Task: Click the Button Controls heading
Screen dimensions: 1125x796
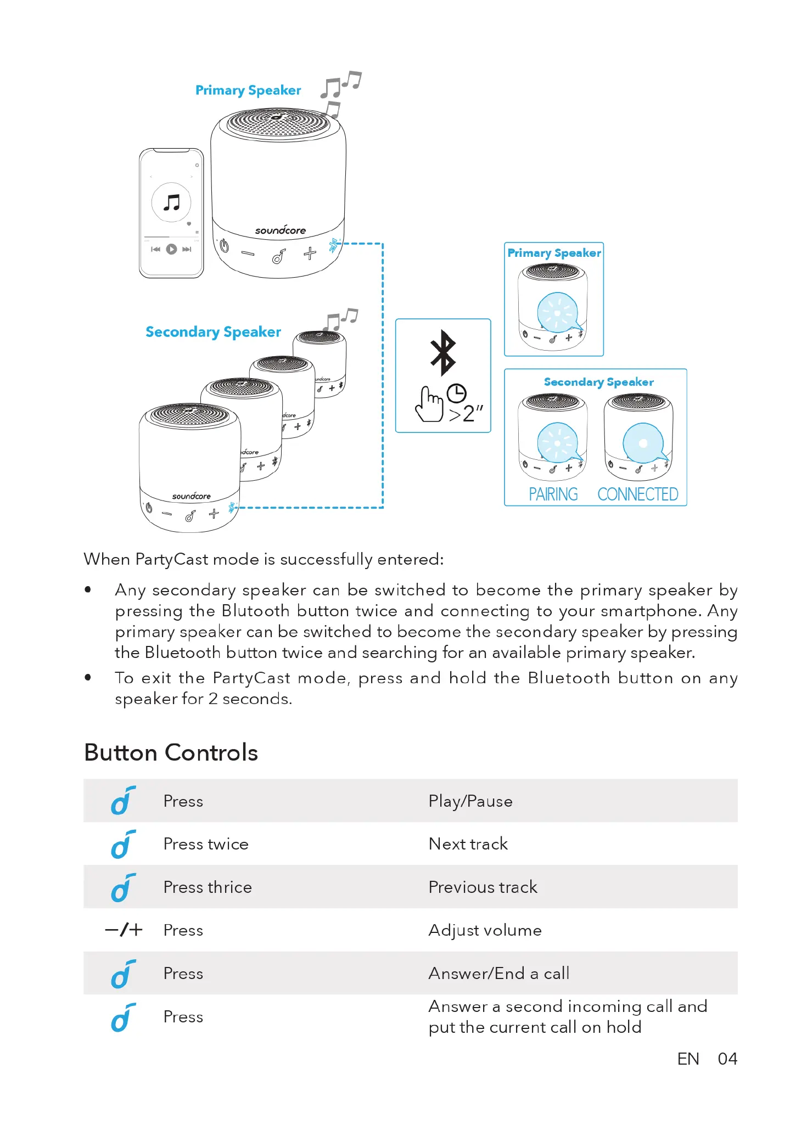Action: click(x=171, y=752)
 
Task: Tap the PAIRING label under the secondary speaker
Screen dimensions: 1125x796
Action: click(x=553, y=494)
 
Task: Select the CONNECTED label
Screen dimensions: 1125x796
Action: click(x=638, y=494)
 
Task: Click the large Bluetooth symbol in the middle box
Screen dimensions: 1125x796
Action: click(x=443, y=352)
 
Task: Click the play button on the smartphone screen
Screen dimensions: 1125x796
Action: click(x=171, y=249)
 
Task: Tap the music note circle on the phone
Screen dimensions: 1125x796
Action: click(x=171, y=203)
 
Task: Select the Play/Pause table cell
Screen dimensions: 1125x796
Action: click(x=470, y=801)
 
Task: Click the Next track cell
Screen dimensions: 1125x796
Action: click(x=468, y=844)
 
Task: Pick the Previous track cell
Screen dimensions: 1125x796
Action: click(x=483, y=887)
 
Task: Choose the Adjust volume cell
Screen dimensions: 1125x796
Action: click(x=485, y=930)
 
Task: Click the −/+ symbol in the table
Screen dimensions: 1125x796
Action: click(x=124, y=930)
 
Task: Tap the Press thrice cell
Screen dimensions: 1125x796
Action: click(x=208, y=887)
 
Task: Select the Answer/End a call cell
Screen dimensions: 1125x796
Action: click(x=498, y=974)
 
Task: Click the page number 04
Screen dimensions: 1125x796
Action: click(x=727, y=1059)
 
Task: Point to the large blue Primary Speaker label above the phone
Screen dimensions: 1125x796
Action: click(x=248, y=91)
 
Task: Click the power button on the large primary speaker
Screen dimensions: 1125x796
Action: click(x=224, y=246)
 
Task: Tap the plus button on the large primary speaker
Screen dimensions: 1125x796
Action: click(x=310, y=253)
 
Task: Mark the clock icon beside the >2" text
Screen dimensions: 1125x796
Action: click(x=456, y=393)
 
